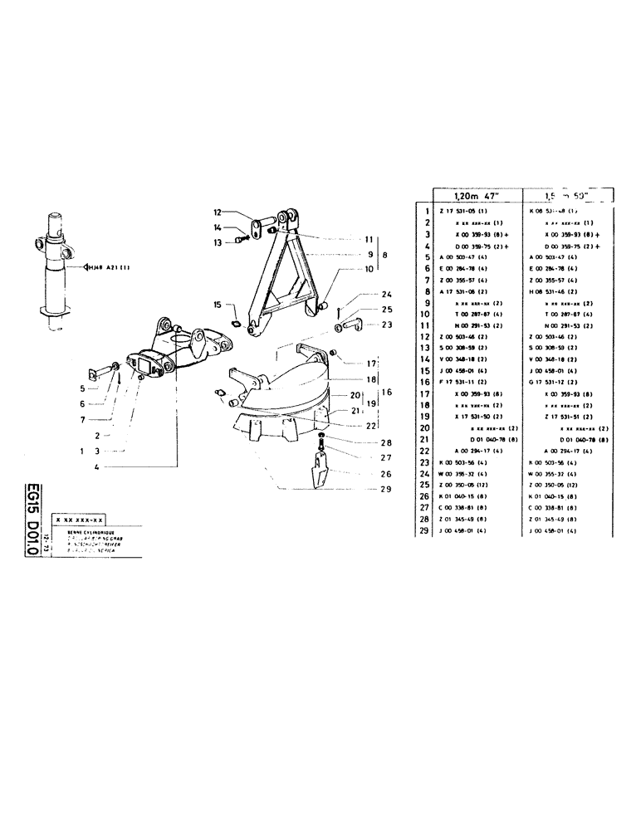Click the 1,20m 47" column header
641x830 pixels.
[471, 198]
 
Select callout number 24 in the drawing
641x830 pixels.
[386, 295]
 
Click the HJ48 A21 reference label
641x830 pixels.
[105, 267]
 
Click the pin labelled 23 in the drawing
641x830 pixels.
[350, 325]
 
